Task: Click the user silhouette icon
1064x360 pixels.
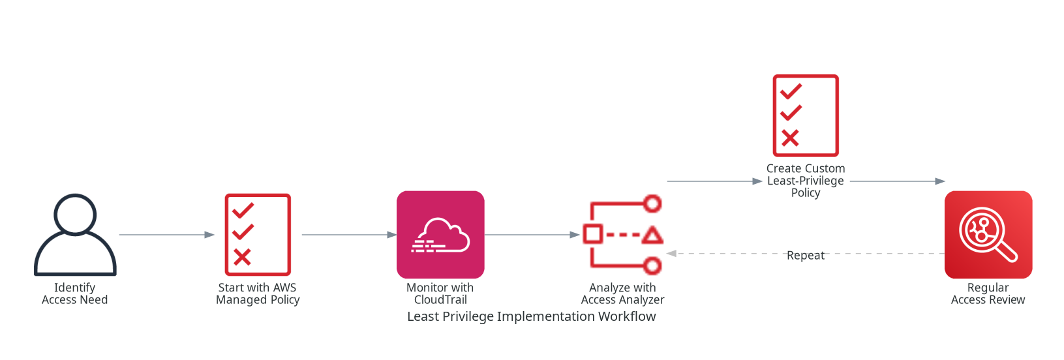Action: tap(75, 235)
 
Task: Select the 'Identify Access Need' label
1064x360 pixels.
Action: tap(75, 293)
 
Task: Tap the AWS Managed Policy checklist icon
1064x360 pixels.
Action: tap(258, 235)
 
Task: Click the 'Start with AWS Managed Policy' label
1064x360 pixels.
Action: tap(258, 293)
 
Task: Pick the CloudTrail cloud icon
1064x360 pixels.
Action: tap(440, 235)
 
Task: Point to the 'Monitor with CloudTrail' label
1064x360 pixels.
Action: tap(440, 293)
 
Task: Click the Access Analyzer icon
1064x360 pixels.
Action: tap(623, 235)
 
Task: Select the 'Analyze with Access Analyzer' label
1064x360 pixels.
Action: tap(623, 293)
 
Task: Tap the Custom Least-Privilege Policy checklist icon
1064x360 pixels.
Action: tap(806, 115)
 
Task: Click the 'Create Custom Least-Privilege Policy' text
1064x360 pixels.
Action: tap(806, 181)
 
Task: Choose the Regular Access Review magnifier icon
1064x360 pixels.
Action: tap(988, 235)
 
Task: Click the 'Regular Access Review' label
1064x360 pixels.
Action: tap(988, 293)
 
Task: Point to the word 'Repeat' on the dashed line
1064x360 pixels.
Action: tap(806, 255)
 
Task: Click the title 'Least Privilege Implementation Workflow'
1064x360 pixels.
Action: tap(532, 316)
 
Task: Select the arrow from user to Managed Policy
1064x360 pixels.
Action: tap(166, 235)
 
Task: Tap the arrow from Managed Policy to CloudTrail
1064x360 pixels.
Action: tap(349, 235)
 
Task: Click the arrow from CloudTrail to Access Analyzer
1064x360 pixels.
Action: tap(532, 235)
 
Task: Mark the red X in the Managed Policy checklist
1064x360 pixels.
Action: tap(242, 257)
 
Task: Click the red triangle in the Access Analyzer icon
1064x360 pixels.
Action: tap(652, 235)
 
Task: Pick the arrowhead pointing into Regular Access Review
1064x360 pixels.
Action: tap(940, 181)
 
